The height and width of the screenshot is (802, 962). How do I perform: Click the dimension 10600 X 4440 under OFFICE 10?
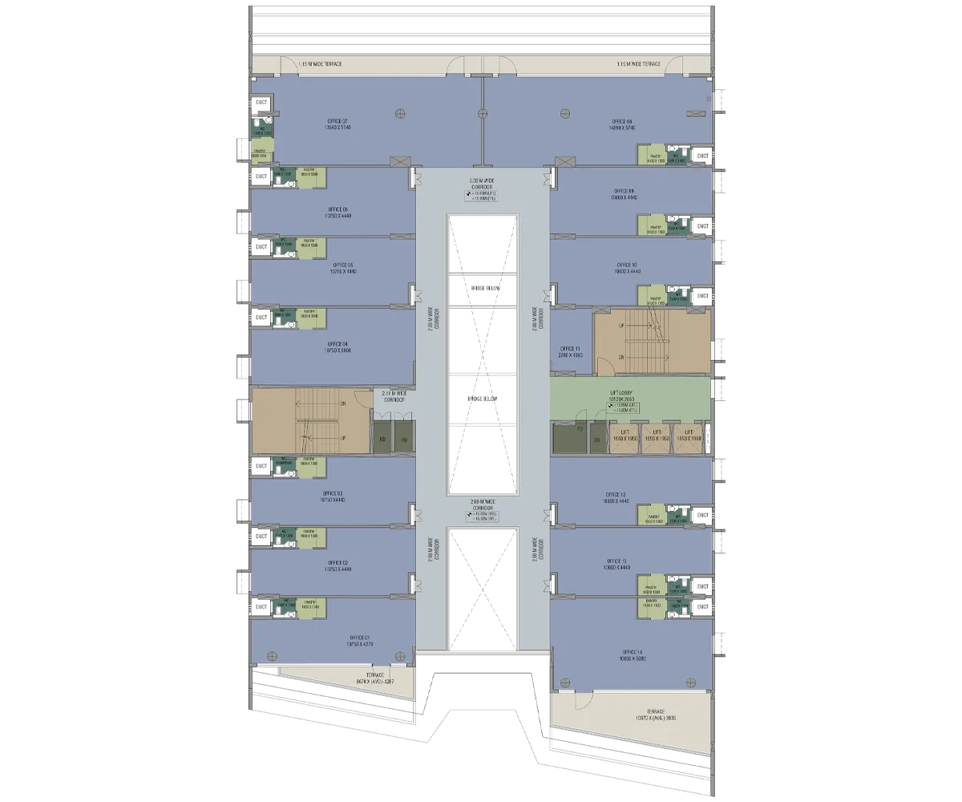[626, 272]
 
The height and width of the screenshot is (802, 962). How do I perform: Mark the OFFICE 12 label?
[616, 494]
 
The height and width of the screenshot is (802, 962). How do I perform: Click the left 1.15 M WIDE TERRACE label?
[320, 63]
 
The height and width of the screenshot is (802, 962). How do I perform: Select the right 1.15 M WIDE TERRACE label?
[639, 63]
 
